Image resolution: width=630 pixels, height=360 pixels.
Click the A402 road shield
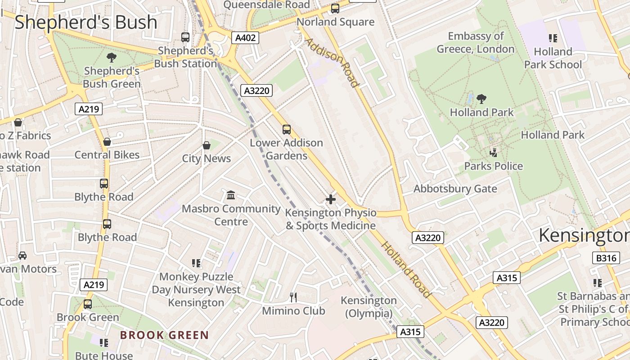[246, 38]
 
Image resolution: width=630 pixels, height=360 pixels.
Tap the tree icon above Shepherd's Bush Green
[111, 58]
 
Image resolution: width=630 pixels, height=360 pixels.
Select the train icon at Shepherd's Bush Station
[185, 37]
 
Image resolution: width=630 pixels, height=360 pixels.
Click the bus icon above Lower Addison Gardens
[287, 130]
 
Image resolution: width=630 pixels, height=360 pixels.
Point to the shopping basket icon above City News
[207, 145]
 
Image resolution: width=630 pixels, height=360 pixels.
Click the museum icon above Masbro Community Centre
[231, 195]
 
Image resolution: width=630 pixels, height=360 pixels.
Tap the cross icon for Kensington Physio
[331, 199]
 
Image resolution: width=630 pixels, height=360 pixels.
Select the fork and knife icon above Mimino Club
[293, 297]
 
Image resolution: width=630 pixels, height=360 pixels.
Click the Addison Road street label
[333, 62]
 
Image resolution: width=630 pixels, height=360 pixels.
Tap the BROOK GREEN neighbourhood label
[164, 335]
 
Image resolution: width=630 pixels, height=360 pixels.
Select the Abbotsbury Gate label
[455, 189]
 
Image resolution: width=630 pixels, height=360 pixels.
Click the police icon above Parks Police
[494, 153]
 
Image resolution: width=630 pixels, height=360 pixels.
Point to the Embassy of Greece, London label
[476, 42]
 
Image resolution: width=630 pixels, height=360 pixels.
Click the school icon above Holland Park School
[553, 38]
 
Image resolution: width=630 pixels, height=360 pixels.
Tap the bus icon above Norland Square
[335, 9]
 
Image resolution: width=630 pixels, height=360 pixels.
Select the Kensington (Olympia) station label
[369, 306]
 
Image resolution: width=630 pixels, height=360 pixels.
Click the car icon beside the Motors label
[22, 256]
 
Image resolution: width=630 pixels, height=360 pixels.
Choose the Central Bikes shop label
[107, 155]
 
